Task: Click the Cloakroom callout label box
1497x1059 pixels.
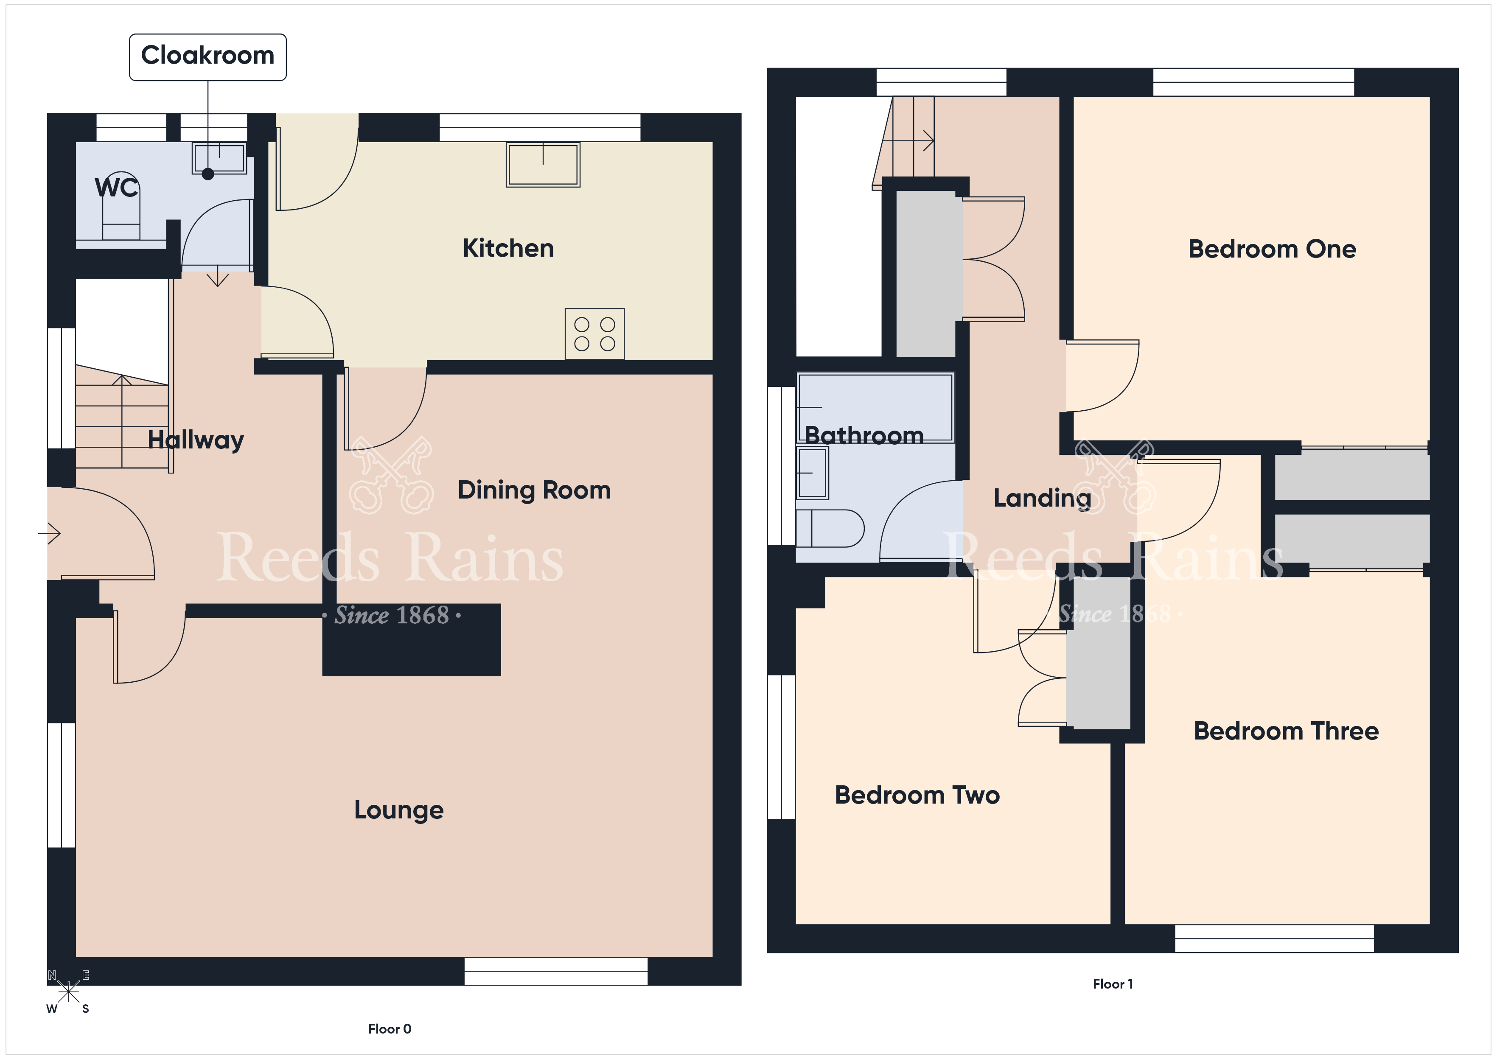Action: coord(207,57)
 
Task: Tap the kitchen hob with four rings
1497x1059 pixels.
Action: coord(594,334)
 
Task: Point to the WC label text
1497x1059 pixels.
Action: coord(117,188)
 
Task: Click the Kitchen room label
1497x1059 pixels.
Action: coord(508,249)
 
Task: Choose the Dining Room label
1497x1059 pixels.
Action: coord(534,490)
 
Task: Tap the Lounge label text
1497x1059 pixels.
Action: coord(399,810)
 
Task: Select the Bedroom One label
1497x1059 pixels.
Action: coord(1272,249)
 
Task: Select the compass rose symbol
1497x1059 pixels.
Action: coord(68,992)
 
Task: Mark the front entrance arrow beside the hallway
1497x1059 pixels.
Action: coord(50,533)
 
